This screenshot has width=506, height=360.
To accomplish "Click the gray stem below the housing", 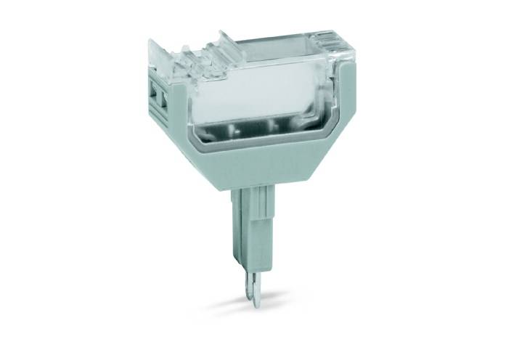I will point(247,225).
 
